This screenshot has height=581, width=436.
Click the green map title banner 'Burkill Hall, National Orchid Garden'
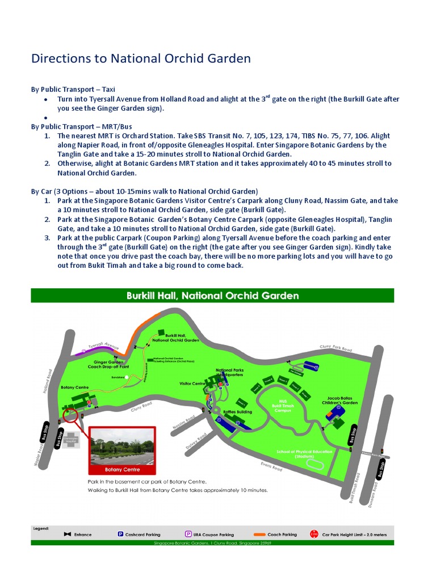[212, 296]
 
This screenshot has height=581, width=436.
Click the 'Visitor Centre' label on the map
[192, 384]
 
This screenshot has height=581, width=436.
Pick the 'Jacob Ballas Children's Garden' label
[342, 401]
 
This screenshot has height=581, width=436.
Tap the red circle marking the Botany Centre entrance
[71, 415]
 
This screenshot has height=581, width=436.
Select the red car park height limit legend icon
[313, 534]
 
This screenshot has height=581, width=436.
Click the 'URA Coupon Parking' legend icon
[188, 534]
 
